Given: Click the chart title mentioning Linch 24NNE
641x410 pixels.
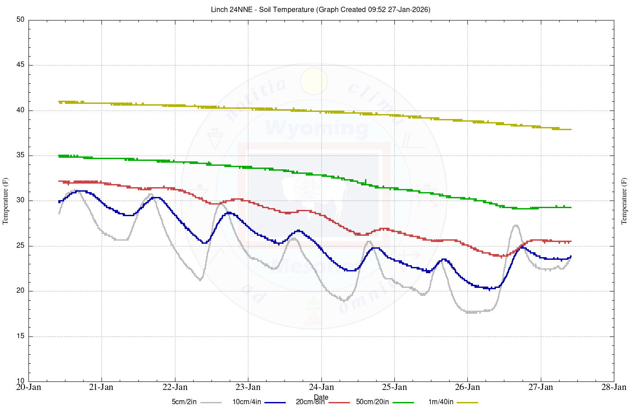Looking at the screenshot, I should (x=320, y=9).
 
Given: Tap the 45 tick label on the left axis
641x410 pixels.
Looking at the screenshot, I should (x=20, y=65).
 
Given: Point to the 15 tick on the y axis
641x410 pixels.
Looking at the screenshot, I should (x=20, y=336).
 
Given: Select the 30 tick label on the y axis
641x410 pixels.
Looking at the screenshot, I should (x=20, y=201).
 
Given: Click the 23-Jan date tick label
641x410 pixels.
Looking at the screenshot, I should (x=248, y=387).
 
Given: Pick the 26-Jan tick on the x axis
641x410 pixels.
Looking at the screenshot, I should (x=467, y=387).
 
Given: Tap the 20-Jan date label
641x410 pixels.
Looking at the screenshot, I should (x=28, y=387).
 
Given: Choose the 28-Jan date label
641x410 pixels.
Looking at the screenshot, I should (x=614, y=387).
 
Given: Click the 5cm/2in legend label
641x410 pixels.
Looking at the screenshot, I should (x=184, y=402).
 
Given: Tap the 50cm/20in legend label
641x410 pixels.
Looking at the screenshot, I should (x=372, y=402).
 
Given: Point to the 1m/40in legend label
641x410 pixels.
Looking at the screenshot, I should (x=441, y=402).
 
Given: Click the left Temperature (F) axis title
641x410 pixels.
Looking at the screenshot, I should (x=5, y=201).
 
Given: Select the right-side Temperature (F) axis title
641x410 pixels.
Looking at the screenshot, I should (x=624, y=201).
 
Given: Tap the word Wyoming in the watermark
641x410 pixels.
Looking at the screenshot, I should (x=316, y=128).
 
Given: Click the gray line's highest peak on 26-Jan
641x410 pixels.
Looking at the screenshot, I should (x=515, y=225).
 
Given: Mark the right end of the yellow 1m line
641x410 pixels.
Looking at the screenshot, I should (x=571, y=130).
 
